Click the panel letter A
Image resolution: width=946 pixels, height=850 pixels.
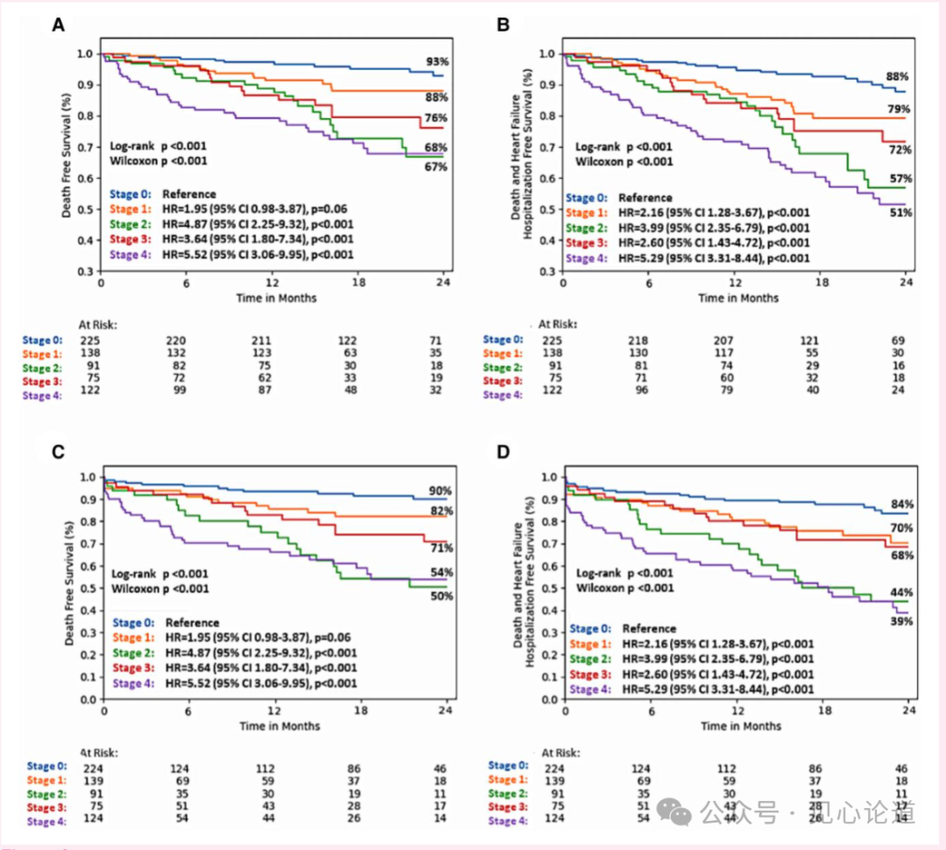pos(58,25)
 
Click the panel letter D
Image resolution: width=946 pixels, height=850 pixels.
pos(503,453)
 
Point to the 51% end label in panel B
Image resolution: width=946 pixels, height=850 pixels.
pos(900,213)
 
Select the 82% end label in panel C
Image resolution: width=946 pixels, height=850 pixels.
pos(441,511)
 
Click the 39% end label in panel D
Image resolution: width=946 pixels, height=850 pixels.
pos(902,620)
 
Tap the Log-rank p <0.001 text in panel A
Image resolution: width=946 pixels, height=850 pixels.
pos(159,146)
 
